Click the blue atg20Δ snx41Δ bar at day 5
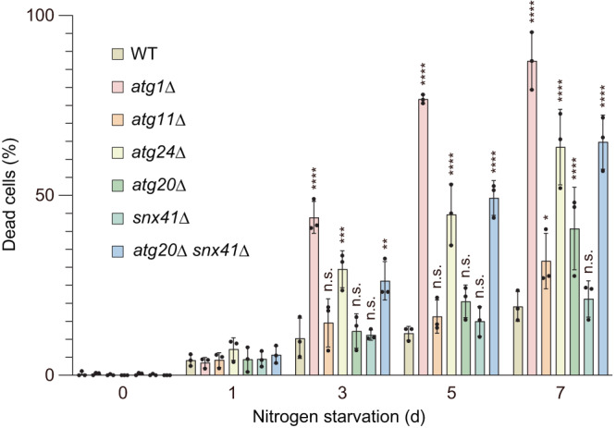coord(493,287)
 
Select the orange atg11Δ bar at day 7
coord(546,318)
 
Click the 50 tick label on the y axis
coord(45,196)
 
